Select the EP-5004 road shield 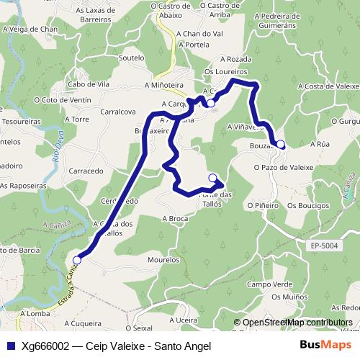(325, 246)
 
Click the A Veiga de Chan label (30, 29)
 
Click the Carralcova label (119, 112)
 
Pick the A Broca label (175, 217)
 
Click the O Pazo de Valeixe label (284, 167)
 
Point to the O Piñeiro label (261, 205)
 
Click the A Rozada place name (235, 59)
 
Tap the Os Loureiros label (225, 72)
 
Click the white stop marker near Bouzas (280, 144)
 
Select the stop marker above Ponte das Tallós (212, 178)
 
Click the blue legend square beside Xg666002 (10, 345)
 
